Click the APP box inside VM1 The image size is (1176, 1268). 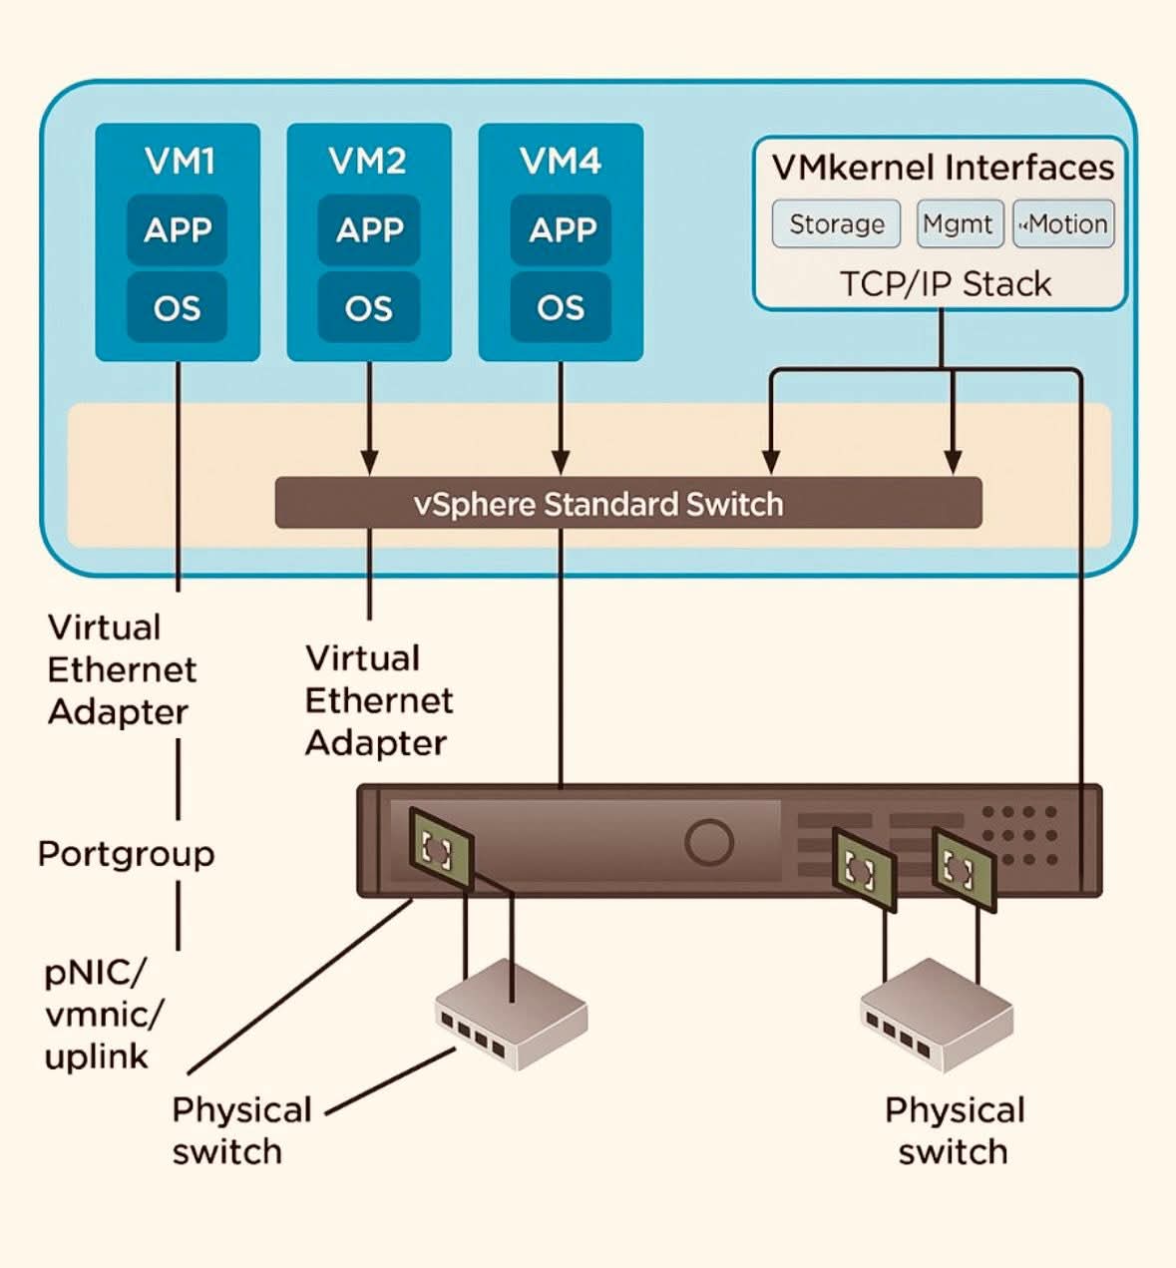tap(178, 230)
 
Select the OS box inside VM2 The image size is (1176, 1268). tap(369, 308)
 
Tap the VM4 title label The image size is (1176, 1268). tap(561, 161)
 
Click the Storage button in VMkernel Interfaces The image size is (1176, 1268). tap(836, 223)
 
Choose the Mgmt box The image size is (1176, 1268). tap(958, 223)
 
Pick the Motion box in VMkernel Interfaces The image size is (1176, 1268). tap(1063, 223)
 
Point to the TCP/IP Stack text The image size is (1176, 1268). tap(945, 284)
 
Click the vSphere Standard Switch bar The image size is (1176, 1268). tap(628, 504)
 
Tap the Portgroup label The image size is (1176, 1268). tap(126, 854)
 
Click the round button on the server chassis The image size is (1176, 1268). tap(709, 841)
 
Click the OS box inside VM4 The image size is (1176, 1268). tap(561, 308)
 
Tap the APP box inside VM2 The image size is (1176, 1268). tap(369, 230)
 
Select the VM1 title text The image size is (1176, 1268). tap(179, 161)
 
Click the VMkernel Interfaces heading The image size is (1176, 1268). tap(943, 168)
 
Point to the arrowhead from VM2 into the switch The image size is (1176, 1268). tap(369, 463)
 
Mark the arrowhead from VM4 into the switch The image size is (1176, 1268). tap(561, 463)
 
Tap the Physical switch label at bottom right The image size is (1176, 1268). tap(954, 1130)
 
